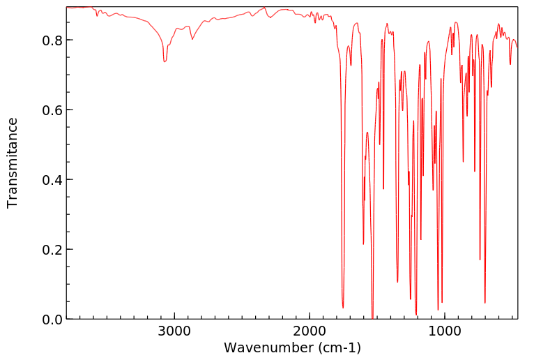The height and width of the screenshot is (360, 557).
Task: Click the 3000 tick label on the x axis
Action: pos(174,331)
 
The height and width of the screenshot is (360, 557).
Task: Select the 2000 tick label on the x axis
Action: pos(310,331)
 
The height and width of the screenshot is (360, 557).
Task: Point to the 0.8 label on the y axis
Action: pos(52,40)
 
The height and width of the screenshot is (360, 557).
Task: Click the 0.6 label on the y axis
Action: pos(52,110)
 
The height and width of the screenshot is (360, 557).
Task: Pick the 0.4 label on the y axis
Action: pos(52,180)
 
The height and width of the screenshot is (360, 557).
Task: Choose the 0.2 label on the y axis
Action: pos(52,250)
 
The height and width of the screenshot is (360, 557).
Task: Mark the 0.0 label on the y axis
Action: pos(52,320)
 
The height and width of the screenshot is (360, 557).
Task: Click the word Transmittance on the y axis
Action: pos(13,163)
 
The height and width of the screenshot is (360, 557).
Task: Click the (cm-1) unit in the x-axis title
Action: pos(339,347)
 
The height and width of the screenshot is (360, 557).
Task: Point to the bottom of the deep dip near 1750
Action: pos(343,308)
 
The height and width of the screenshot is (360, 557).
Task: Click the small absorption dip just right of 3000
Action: pos(165,62)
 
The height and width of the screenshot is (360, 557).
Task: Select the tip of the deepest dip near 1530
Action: pos(372,317)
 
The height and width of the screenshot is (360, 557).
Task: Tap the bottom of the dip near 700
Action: pos(485,303)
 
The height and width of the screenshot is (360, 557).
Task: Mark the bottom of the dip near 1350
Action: pos(397,282)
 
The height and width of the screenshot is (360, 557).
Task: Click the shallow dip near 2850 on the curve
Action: pos(192,39)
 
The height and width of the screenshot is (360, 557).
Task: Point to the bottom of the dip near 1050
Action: pos(438,310)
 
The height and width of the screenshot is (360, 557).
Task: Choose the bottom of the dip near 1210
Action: pos(416,315)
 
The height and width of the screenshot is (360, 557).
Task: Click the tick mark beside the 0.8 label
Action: pos(68,40)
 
